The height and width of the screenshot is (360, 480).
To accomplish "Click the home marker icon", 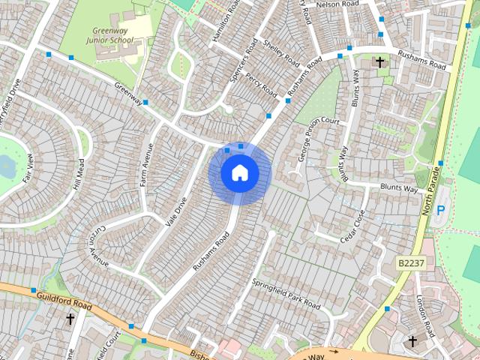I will [x=240, y=173].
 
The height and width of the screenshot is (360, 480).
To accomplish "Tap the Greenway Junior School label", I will [x=109, y=34].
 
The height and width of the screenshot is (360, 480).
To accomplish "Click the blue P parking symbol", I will [x=440, y=211].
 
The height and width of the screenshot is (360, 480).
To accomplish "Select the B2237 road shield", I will [x=410, y=263].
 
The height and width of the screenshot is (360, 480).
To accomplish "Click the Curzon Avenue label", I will [x=100, y=247].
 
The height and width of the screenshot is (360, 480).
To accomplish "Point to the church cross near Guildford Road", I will [x=70, y=319].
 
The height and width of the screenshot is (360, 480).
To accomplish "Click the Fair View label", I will [x=28, y=169].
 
